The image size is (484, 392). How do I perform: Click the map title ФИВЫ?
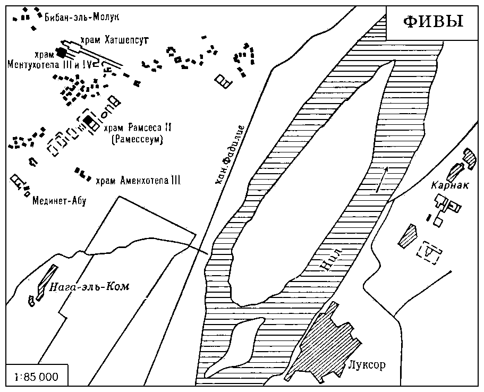click(x=434, y=22)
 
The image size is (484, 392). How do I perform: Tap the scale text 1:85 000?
click(x=37, y=377)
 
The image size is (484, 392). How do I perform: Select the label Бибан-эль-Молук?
click(x=82, y=16)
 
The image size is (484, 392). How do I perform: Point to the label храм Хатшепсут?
click(x=115, y=40)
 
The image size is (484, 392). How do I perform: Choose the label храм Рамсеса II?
click(x=138, y=128)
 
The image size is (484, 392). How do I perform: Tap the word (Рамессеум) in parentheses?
click(x=137, y=140)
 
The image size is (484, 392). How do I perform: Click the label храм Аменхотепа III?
click(x=138, y=181)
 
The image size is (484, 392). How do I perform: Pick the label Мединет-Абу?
click(x=60, y=201)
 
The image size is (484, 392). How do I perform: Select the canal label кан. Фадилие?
click(x=230, y=155)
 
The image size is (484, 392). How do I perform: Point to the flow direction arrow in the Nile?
click(x=381, y=180)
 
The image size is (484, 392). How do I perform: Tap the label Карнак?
click(x=449, y=185)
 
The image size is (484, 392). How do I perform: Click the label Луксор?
click(x=367, y=365)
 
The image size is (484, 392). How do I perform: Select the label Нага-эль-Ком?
click(x=89, y=287)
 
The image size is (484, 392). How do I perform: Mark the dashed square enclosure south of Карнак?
click(x=429, y=254)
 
